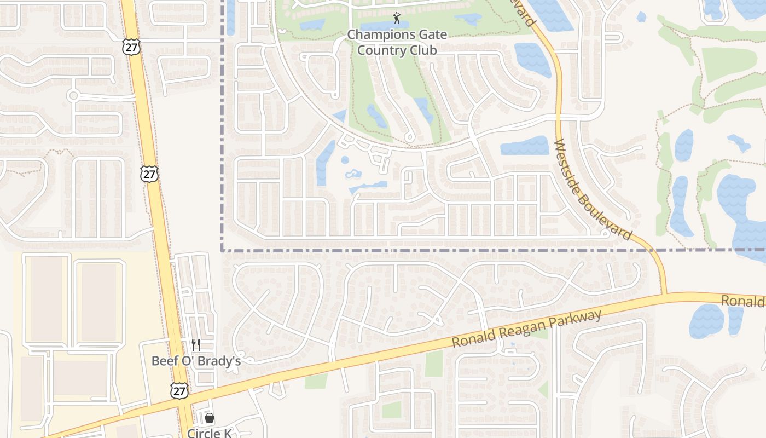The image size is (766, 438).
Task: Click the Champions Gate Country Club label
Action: [397, 42]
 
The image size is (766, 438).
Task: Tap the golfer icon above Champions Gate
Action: [397, 19]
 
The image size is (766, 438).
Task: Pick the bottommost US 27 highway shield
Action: [179, 390]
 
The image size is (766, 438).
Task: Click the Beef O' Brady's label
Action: [196, 361]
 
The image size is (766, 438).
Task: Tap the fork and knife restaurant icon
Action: [195, 344]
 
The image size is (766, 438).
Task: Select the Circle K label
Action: [210, 433]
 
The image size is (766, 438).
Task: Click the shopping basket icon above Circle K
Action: [209, 418]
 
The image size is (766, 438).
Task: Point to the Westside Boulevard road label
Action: [593, 189]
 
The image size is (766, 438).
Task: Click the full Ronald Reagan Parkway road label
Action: [527, 328]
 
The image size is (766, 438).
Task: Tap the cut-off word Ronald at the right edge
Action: [743, 301]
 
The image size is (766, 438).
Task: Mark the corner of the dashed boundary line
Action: [222, 250]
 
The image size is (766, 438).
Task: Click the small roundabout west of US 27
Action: [73, 96]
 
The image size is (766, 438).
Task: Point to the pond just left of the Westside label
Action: [524, 146]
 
